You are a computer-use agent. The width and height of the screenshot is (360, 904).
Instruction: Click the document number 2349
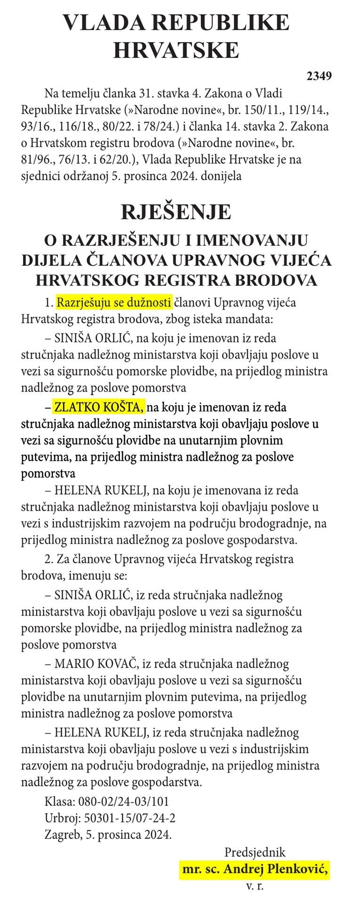(x=320, y=76)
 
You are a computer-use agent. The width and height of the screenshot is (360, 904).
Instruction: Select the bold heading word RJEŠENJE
(x=176, y=212)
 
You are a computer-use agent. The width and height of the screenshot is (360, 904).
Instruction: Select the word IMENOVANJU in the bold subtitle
(x=252, y=240)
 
